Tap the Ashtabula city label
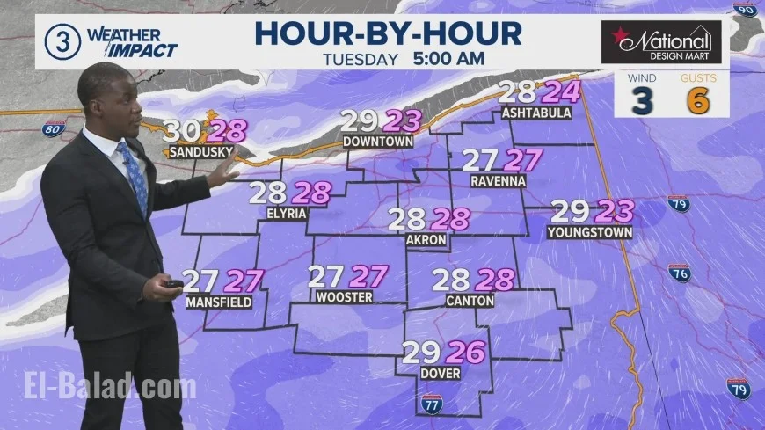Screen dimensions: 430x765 536,113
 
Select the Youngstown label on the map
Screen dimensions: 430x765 589,233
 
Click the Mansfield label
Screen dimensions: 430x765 218,302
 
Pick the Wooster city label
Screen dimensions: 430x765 344,297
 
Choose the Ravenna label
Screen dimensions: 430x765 498,181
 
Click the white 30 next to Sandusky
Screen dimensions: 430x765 183,130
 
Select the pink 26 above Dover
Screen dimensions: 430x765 465,353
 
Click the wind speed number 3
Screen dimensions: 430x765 643,101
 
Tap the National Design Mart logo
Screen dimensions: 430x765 661,41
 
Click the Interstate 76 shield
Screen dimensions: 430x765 679,273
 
